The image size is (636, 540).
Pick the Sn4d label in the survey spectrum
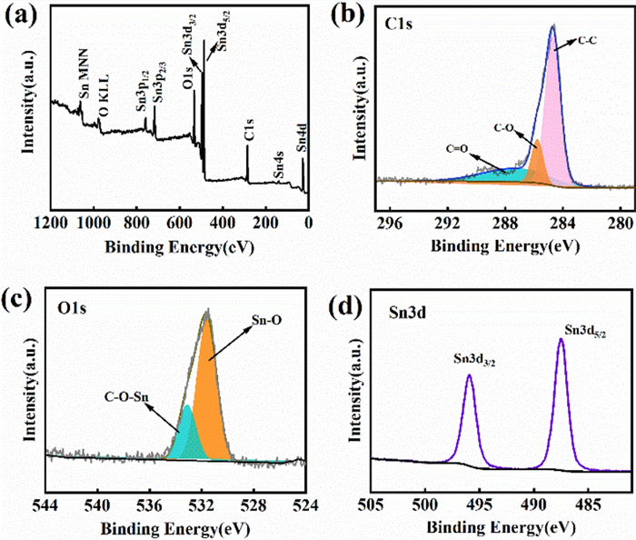[303, 142]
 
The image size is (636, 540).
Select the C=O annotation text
[457, 146]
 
